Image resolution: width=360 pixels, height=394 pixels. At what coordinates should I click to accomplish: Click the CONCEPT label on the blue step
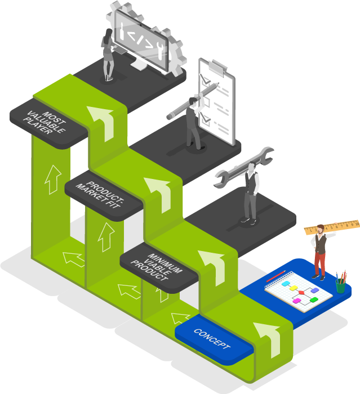click(x=212, y=339)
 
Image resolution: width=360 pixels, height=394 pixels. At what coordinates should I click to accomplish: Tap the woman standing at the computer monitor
click(x=109, y=56)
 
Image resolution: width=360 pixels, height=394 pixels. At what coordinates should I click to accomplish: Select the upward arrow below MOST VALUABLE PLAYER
click(x=53, y=179)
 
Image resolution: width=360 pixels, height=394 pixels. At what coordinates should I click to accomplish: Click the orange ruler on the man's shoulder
click(x=332, y=226)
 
